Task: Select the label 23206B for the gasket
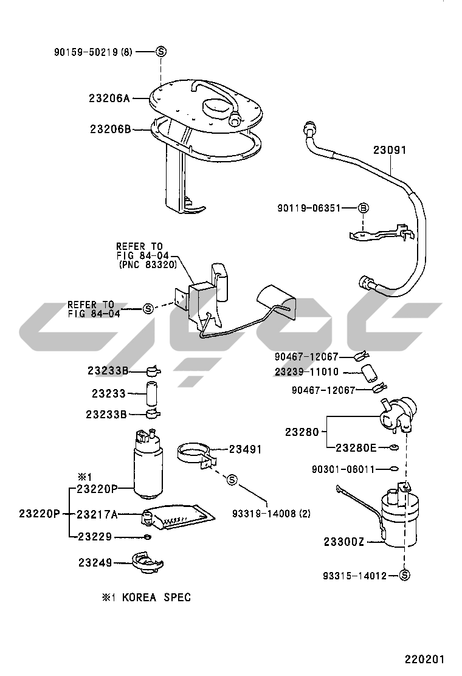click(x=110, y=129)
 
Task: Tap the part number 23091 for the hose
click(x=390, y=150)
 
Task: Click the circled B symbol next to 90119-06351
click(x=364, y=208)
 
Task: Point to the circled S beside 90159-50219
click(x=161, y=52)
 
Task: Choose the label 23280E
click(x=356, y=448)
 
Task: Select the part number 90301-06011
click(x=343, y=469)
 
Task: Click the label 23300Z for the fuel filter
click(x=343, y=542)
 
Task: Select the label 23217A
click(x=97, y=514)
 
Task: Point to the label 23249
click(x=95, y=563)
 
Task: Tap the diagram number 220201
click(x=426, y=659)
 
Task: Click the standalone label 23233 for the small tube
click(x=109, y=394)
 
